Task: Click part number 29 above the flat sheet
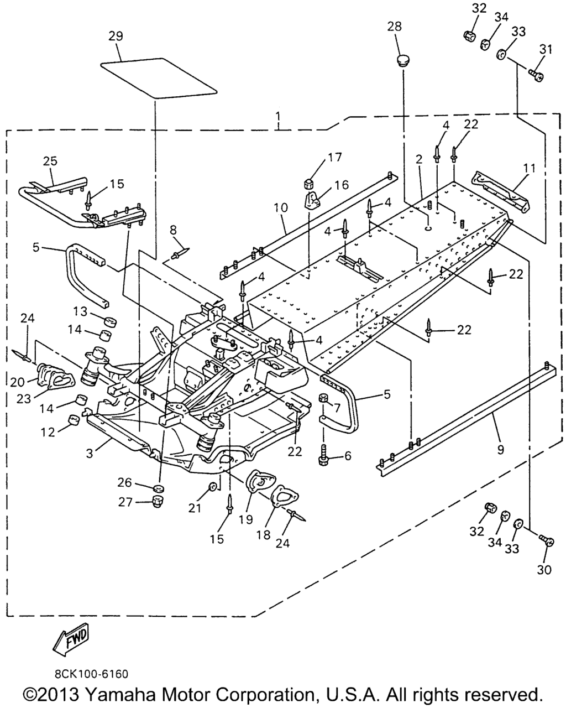click(116, 37)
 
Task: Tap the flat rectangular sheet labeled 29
click(160, 78)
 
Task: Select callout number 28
click(395, 27)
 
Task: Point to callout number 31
click(546, 49)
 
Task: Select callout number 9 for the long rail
click(500, 450)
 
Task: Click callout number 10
click(280, 208)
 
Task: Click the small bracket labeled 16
click(313, 199)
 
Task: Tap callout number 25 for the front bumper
click(50, 161)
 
